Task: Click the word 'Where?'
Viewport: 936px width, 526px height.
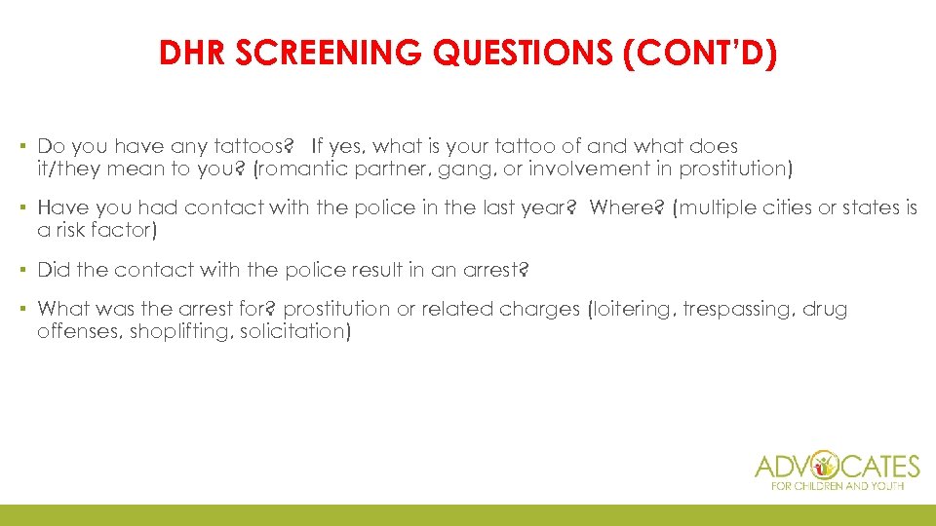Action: pyautogui.click(x=622, y=207)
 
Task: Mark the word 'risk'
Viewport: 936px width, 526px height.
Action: pyautogui.click(x=74, y=230)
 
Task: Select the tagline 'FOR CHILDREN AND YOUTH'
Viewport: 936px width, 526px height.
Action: pyautogui.click(x=837, y=485)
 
